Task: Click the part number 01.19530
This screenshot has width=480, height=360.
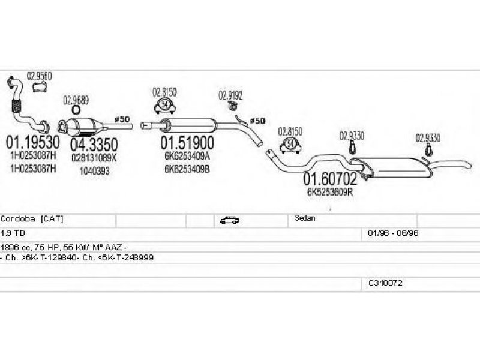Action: point(32,143)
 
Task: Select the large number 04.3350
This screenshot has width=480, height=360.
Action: point(94,144)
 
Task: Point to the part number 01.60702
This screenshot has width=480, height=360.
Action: point(329,178)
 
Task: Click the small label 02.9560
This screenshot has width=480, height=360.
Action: point(40,76)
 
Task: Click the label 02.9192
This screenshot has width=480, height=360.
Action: point(230,94)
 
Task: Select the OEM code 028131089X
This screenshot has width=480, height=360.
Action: point(94,158)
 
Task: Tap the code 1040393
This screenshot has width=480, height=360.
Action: point(94,170)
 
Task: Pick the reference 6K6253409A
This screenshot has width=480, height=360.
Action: point(187,157)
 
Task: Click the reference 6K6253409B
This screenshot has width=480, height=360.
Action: point(187,169)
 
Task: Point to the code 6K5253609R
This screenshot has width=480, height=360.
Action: point(329,193)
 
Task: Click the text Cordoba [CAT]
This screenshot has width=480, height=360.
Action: point(32,219)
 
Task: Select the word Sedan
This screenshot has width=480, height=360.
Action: point(305,218)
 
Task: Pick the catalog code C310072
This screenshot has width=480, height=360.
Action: point(386,283)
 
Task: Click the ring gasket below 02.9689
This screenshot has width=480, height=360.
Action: point(76,110)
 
